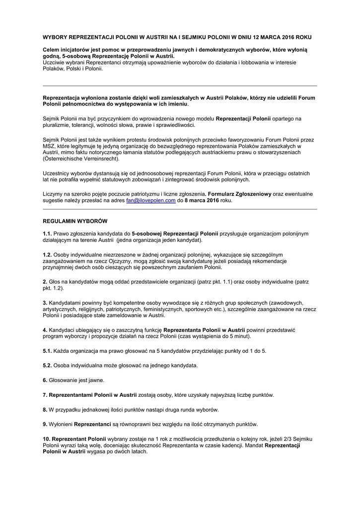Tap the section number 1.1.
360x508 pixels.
tap(47, 233)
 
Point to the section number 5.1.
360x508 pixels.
tap(47, 351)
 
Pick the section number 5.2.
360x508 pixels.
tap(47, 366)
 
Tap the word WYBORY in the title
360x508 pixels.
tap(55, 37)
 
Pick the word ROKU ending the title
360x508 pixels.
tap(303, 37)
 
